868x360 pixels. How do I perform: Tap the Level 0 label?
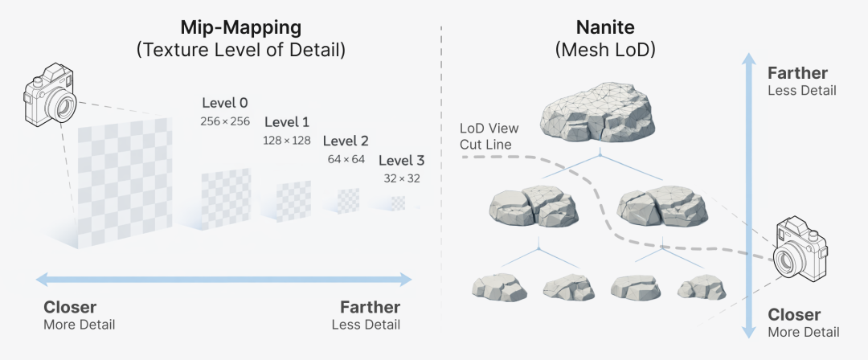[224, 103]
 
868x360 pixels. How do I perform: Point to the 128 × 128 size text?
[287, 140]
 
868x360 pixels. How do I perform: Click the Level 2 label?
[346, 141]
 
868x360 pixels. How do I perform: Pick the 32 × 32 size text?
[401, 178]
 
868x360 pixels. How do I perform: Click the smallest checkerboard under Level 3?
[399, 204]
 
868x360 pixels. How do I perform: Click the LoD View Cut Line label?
[489, 136]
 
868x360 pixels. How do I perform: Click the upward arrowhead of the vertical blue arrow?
[749, 61]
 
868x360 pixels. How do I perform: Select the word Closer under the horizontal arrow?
[70, 308]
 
